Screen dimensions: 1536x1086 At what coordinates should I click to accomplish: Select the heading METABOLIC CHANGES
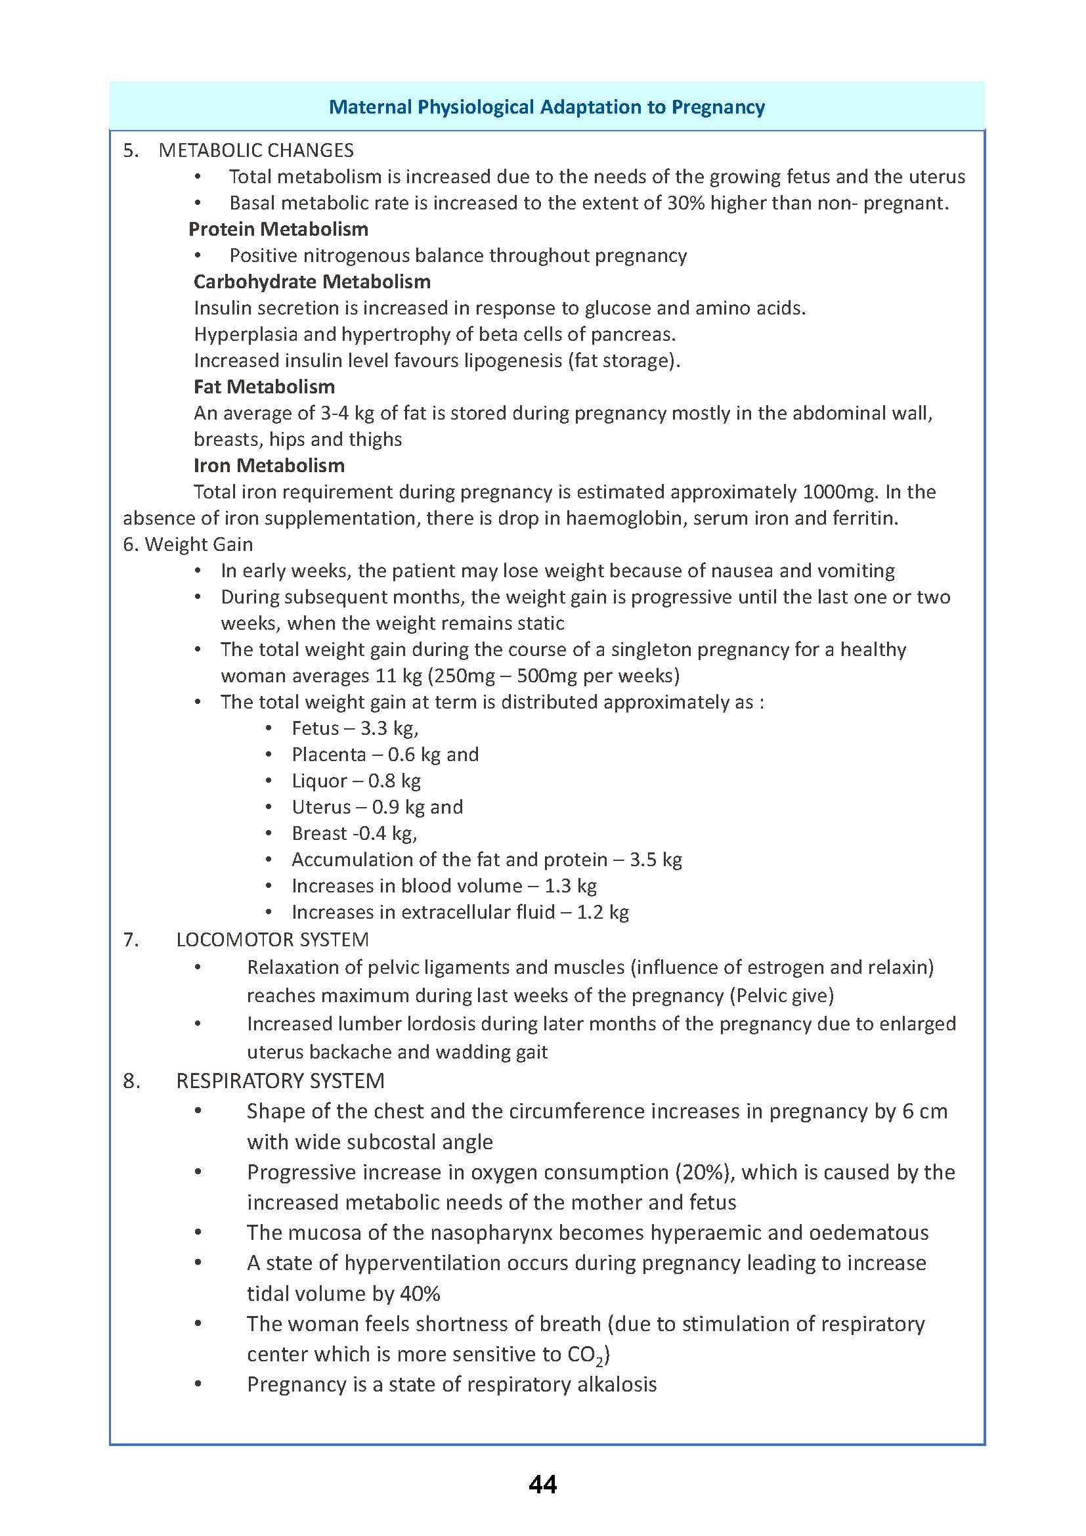[256, 150]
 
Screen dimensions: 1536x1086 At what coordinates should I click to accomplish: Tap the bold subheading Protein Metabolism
[278, 229]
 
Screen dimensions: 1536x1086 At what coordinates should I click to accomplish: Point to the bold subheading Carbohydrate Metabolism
[312, 282]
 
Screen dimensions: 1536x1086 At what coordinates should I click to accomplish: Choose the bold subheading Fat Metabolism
[264, 387]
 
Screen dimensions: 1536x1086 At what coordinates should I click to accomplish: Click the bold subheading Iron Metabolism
[269, 466]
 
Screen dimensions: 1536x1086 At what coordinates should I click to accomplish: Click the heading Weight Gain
[198, 544]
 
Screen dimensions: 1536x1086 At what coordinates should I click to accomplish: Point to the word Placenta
[328, 755]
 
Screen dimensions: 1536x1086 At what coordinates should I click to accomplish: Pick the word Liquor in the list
[319, 781]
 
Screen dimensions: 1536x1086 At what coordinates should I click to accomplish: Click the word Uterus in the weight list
[321, 808]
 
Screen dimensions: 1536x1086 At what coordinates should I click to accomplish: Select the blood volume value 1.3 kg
[570, 887]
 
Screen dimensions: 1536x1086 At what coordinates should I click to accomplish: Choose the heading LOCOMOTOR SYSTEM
[272, 940]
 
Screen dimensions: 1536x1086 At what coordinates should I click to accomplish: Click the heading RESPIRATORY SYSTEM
[280, 1081]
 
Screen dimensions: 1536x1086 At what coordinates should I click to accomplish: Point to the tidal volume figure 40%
[420, 1294]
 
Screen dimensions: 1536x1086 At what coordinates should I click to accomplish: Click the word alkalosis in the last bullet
[617, 1384]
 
